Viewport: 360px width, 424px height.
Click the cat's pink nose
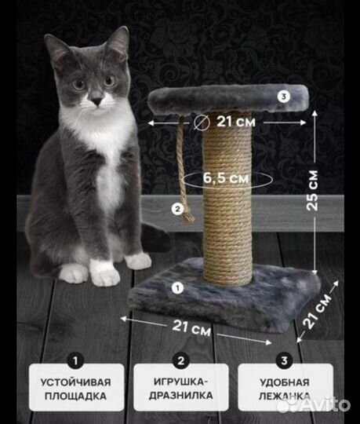[x=96, y=101]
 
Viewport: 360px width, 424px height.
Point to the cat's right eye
[x=79, y=84]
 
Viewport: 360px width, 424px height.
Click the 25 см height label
[x=312, y=190]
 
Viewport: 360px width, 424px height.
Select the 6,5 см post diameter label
[x=226, y=178]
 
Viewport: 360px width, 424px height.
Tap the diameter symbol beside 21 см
[x=202, y=122]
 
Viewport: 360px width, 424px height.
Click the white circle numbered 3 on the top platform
[x=284, y=97]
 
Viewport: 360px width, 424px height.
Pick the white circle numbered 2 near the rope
[x=178, y=209]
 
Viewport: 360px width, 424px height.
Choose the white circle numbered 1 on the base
[x=177, y=287]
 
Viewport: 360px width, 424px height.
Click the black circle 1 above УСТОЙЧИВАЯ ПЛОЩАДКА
[x=75, y=360]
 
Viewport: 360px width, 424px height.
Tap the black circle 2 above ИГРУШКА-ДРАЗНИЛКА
[x=180, y=360]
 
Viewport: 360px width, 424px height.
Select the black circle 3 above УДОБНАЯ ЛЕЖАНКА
[x=284, y=360]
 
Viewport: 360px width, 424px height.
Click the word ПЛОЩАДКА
[x=75, y=396]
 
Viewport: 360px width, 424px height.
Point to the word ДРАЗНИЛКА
[x=181, y=395]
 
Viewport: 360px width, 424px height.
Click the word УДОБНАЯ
[x=285, y=382]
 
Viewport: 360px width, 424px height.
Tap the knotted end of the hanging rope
[x=189, y=217]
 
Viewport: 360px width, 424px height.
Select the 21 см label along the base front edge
[x=191, y=327]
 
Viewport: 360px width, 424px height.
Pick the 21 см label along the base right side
[x=317, y=311]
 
